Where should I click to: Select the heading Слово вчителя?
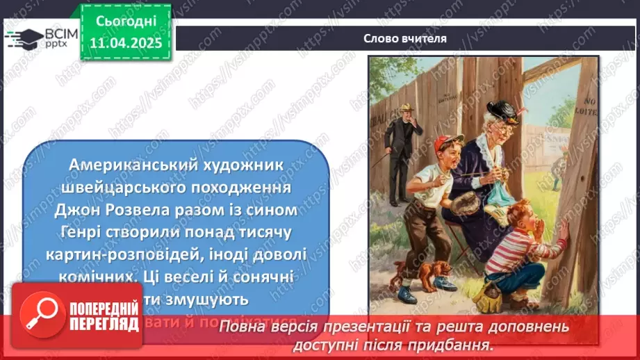[x=405, y=38]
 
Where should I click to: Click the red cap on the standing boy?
[x=446, y=144]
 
